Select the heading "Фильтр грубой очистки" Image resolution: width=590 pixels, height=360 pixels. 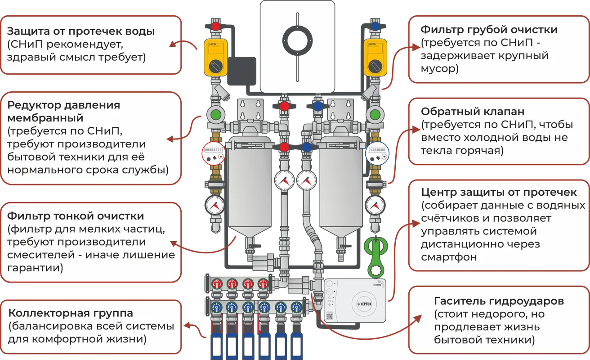[489, 30]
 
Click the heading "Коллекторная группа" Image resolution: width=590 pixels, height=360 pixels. [71, 313]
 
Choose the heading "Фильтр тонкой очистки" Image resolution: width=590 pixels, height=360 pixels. [76, 216]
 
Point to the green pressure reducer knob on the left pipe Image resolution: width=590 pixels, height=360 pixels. [215, 114]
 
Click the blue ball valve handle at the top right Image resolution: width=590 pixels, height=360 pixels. [375, 27]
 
